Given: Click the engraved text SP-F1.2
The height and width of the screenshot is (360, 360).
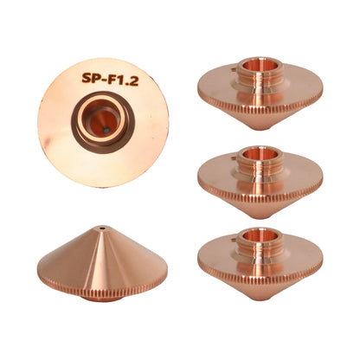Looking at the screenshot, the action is [x=110, y=78].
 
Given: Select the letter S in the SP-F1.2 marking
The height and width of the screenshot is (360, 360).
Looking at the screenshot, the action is [x=87, y=77].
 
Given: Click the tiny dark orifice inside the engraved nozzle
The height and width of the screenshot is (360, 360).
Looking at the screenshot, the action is [x=106, y=131].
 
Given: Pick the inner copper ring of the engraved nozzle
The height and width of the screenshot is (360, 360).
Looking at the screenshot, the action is [x=102, y=118].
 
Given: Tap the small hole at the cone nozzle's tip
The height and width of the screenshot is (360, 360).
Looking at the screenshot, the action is [x=102, y=228].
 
